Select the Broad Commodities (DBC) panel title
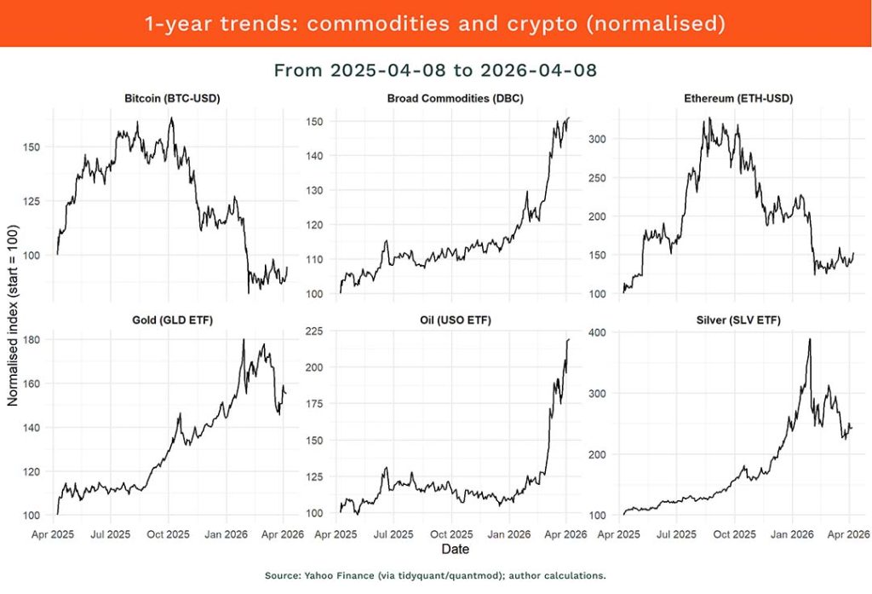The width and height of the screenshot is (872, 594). click(x=455, y=98)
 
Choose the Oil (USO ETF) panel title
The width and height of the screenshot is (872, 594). click(x=455, y=320)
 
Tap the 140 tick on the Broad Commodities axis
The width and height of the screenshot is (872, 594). click(x=316, y=156)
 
